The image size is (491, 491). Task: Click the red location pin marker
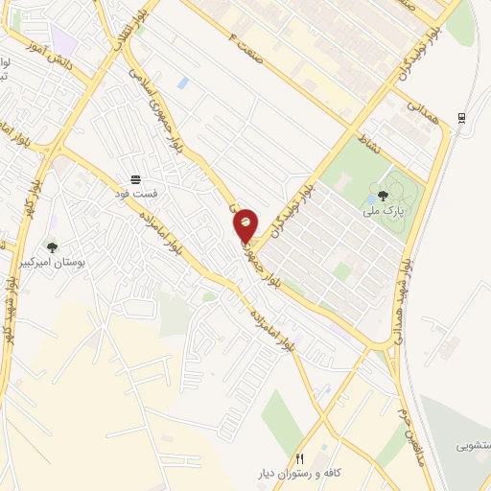tap(245, 225)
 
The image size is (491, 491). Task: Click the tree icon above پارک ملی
tap(384, 195)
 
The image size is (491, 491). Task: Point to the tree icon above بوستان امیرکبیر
tap(52, 247)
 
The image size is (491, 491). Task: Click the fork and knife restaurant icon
tap(300, 459)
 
